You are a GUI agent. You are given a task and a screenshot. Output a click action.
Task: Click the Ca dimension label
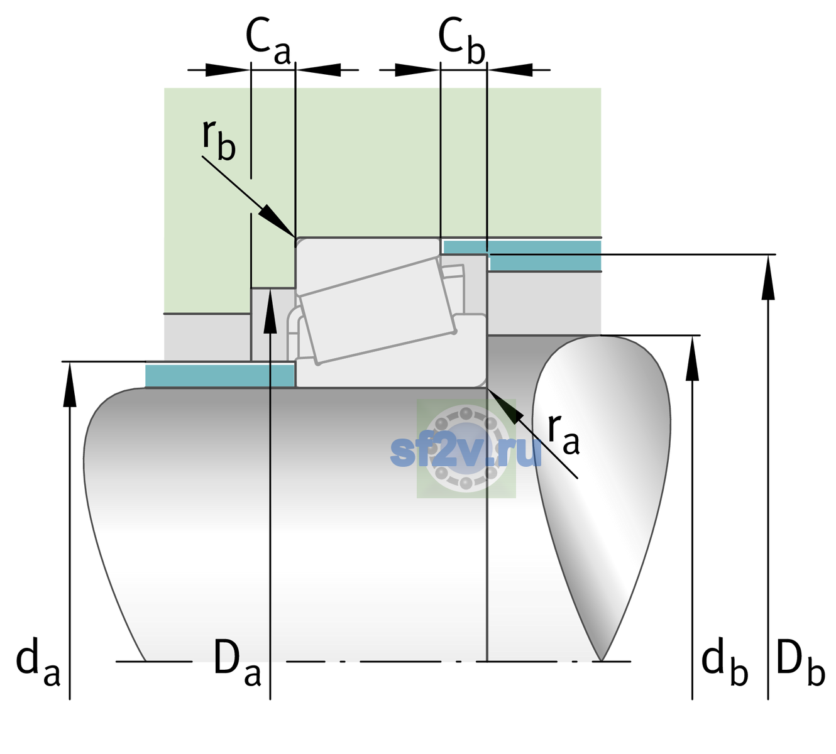click(268, 41)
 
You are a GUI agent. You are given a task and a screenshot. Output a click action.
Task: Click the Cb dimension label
click(462, 41)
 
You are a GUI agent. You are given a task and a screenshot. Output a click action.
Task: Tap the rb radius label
click(219, 141)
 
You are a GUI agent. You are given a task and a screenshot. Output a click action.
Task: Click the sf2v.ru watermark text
click(466, 452)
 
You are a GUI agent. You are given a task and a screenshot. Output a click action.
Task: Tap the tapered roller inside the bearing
click(377, 311)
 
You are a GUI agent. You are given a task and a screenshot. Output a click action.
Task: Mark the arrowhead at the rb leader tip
click(277, 221)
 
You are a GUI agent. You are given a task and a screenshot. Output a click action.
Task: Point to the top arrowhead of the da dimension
click(70, 384)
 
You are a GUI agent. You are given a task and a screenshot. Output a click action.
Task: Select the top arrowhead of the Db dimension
click(768, 278)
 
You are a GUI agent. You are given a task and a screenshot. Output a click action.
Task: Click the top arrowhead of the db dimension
click(692, 358)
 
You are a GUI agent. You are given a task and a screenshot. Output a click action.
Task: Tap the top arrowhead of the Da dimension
click(270, 311)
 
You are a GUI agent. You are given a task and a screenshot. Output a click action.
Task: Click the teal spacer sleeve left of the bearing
click(219, 376)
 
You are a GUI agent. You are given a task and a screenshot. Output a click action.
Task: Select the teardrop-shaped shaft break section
click(601, 498)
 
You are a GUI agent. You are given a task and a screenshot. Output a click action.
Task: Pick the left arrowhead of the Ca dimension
click(228, 70)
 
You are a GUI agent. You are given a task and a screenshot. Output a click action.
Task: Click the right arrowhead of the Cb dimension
click(510, 70)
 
